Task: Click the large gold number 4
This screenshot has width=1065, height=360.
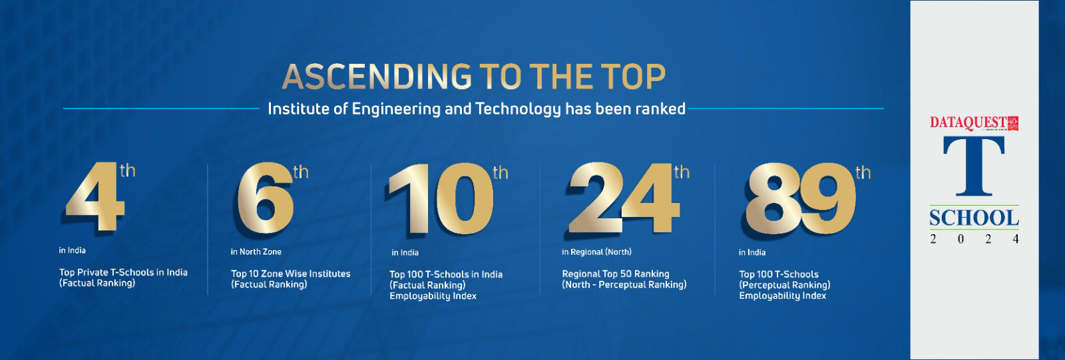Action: pyautogui.click(x=95, y=200)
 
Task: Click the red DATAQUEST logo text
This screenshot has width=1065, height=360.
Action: pyautogui.click(x=968, y=123)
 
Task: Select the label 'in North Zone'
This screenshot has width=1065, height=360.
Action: pyautogui.click(x=256, y=252)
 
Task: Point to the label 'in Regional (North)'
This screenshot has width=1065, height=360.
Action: pyautogui.click(x=596, y=252)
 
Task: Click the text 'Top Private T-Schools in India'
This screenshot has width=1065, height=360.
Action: pyautogui.click(x=123, y=272)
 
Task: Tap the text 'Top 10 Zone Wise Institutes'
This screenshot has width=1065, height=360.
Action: pyautogui.click(x=290, y=273)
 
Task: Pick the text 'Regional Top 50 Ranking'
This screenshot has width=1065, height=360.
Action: pyautogui.click(x=616, y=273)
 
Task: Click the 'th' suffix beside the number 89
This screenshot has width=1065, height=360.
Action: pyautogui.click(x=863, y=174)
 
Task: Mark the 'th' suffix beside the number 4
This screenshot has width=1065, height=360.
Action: pyautogui.click(x=127, y=171)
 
